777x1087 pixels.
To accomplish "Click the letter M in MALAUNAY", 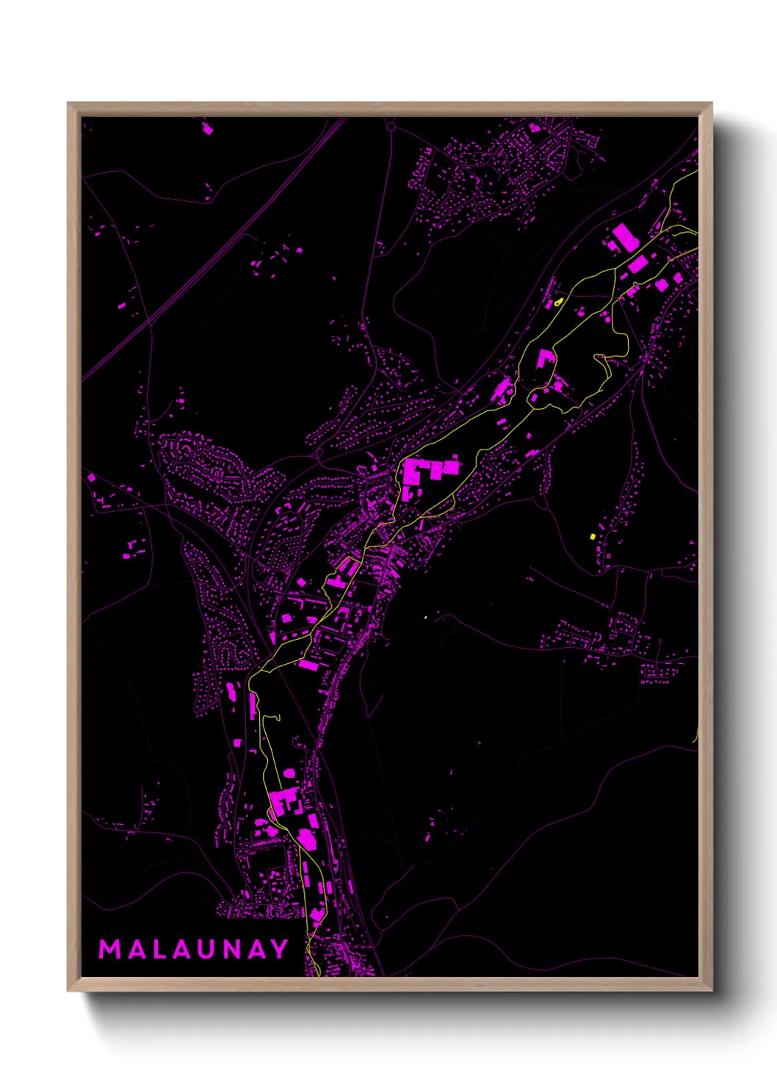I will (x=109, y=949).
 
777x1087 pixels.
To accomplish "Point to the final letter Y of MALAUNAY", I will (x=280, y=949).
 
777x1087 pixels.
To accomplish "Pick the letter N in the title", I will (x=231, y=949).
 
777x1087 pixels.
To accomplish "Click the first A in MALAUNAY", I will (x=136, y=949).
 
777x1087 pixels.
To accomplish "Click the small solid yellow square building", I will (x=593, y=537).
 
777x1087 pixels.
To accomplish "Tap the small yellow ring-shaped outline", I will (x=559, y=301).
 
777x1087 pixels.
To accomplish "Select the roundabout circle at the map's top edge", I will (x=391, y=126).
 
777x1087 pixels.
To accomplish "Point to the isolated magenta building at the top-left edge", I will (x=207, y=129).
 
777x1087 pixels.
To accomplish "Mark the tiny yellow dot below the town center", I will (x=425, y=617).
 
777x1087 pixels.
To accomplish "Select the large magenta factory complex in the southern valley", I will (x=284, y=801).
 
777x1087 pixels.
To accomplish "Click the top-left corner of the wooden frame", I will (x=69, y=104).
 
